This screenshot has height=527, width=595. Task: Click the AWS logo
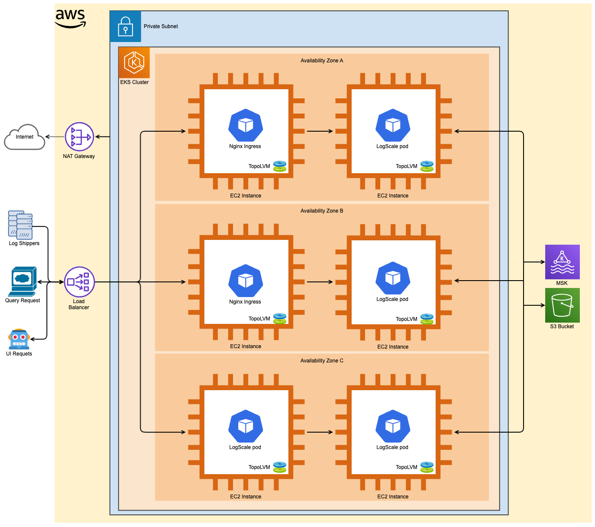[x=70, y=19]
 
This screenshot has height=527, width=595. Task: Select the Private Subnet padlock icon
[x=126, y=26]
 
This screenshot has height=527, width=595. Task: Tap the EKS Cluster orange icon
[x=134, y=63]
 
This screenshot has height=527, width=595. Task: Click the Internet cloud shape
[x=25, y=137]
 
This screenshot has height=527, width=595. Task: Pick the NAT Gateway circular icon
[x=79, y=137]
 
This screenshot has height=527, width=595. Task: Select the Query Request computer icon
[x=23, y=281]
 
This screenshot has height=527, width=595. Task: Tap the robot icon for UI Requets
[x=19, y=339]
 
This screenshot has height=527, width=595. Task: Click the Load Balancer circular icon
[x=79, y=282]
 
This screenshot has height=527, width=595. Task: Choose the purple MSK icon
[x=562, y=262]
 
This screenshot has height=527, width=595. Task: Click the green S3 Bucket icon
[x=562, y=305]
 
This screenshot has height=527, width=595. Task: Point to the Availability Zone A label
[x=322, y=61]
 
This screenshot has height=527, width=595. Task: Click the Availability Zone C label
[x=322, y=361]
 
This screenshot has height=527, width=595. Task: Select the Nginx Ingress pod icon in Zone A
[x=246, y=125]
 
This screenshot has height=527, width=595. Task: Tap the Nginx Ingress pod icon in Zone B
[x=246, y=281]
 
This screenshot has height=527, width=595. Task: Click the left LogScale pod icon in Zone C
[x=246, y=426]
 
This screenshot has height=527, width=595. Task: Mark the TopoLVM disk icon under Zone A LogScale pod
[x=427, y=166]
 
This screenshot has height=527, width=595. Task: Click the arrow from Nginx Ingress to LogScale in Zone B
[x=320, y=282]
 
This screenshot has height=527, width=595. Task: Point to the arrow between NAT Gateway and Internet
[x=55, y=137]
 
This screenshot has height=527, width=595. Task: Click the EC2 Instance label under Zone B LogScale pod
[x=393, y=347]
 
